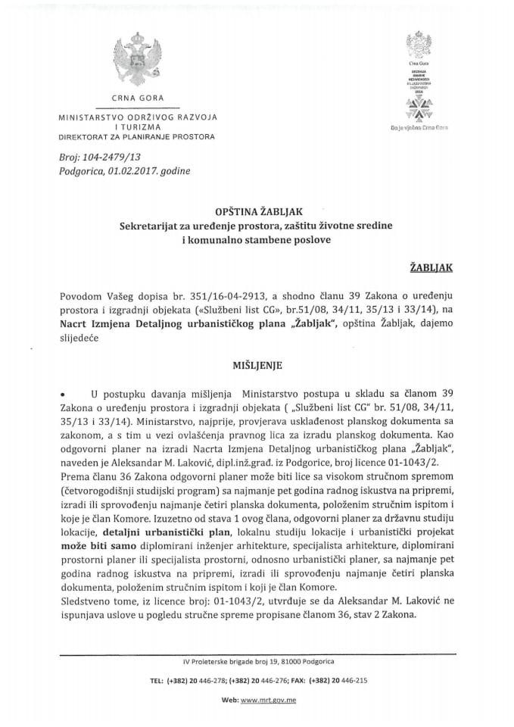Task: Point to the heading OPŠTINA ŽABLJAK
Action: [257, 214]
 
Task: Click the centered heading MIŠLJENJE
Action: [257, 364]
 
